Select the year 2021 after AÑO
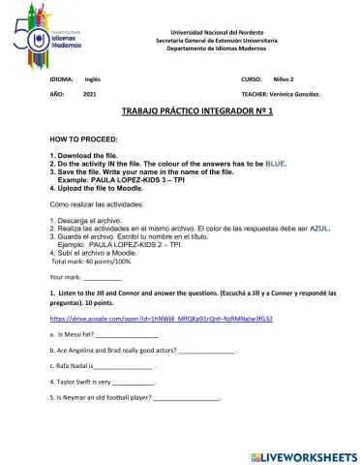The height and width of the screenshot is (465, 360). point(90,93)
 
